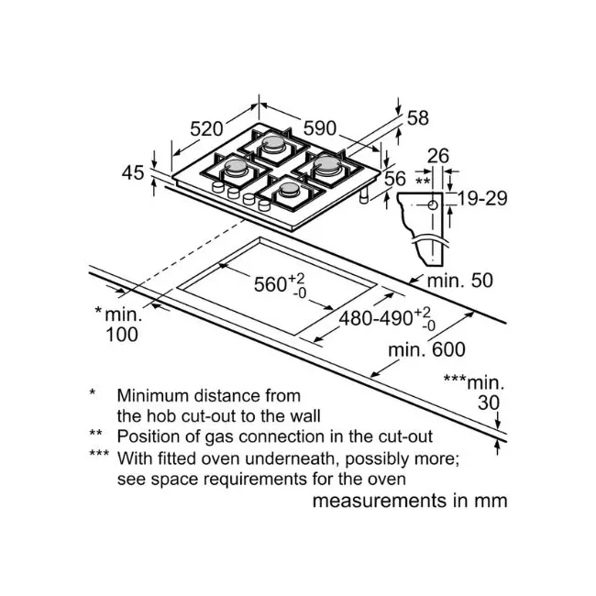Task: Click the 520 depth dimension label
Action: (206, 129)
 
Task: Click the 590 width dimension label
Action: (320, 128)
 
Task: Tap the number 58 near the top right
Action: (418, 118)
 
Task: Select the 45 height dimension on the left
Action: (133, 173)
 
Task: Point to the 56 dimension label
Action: (395, 179)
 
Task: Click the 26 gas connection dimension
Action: (438, 156)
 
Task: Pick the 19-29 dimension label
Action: (482, 198)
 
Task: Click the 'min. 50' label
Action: (460, 281)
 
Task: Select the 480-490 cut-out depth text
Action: (376, 318)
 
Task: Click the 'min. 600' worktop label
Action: (426, 349)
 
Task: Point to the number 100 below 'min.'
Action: (122, 335)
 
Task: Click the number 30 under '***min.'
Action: (489, 403)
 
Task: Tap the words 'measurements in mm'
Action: (410, 501)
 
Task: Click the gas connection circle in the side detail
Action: (433, 205)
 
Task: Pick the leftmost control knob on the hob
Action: (218, 187)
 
